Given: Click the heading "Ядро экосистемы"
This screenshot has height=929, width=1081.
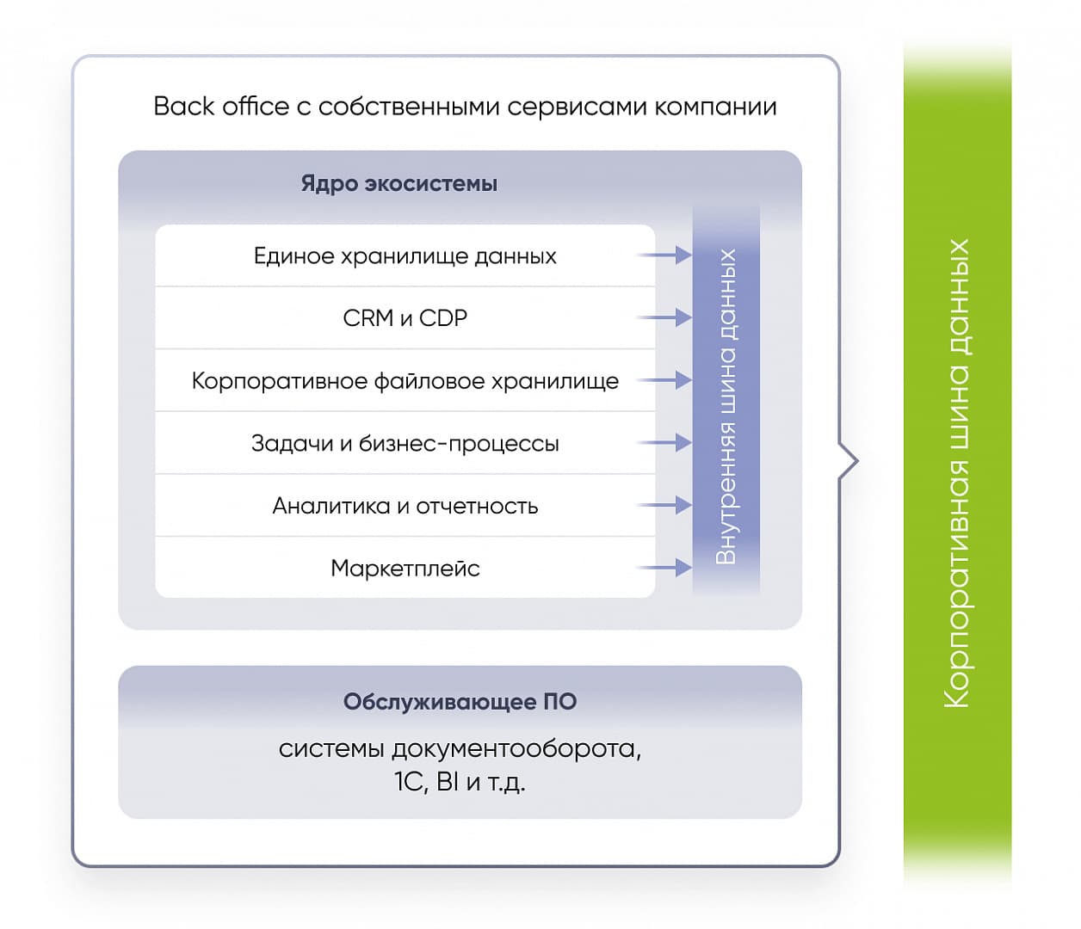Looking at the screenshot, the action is pos(399,184).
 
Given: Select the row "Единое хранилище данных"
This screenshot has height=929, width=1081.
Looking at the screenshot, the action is pos(405,256).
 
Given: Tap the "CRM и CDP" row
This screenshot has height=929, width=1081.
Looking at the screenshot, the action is pos(405,318).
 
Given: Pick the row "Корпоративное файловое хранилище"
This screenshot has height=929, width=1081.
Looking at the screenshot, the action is pos(405,380).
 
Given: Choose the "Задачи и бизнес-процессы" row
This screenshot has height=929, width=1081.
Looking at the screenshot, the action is pos(405,443).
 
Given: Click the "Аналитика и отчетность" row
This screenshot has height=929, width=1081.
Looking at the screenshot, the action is pos(405,506).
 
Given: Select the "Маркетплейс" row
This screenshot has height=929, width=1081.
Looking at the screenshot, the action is pos(405,568).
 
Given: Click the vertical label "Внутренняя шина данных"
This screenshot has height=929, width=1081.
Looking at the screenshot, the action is pos(726,407).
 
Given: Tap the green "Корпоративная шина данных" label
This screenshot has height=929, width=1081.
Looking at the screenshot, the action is pos(957,474).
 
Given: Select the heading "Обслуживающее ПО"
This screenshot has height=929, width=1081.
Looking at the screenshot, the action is pos(460,702).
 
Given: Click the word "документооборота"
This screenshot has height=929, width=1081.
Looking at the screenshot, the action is pos(516,750).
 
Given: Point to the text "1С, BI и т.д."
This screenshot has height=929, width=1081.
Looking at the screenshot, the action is pos(460,783).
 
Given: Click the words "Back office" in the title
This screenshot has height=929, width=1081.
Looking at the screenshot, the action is pos(221,107).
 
